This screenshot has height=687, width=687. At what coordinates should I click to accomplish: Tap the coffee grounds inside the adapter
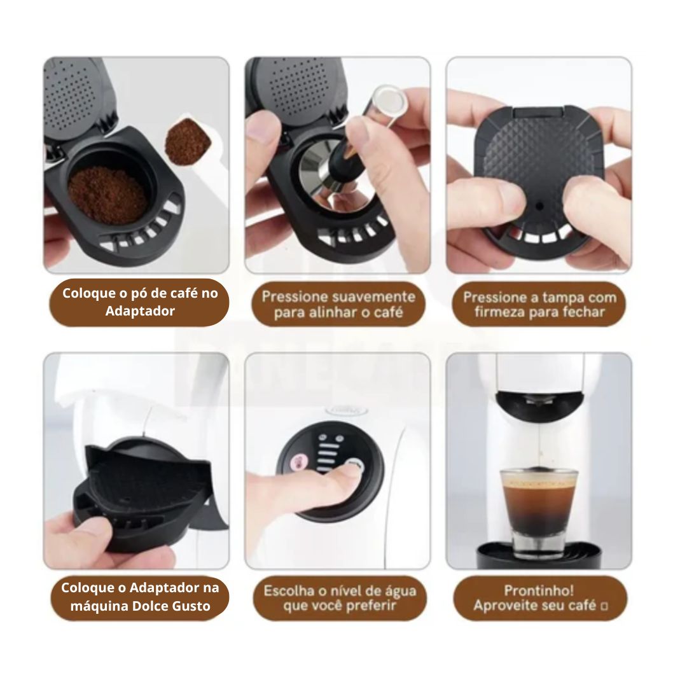pyautogui.click(x=108, y=193)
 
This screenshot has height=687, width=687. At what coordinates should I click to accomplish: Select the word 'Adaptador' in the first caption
pyautogui.click(x=140, y=312)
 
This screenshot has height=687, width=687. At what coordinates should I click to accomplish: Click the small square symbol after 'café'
pyautogui.click(x=604, y=607)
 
